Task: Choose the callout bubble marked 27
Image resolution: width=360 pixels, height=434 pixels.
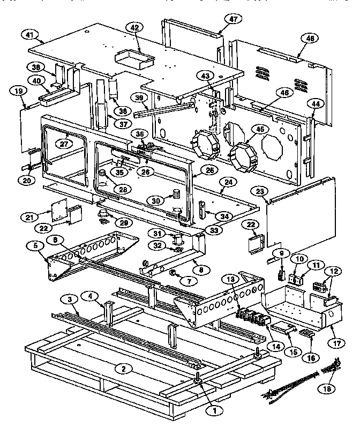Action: [65, 144]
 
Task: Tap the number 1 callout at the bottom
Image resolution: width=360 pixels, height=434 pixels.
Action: [215, 410]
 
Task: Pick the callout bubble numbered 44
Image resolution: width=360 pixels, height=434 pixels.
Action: [317, 103]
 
